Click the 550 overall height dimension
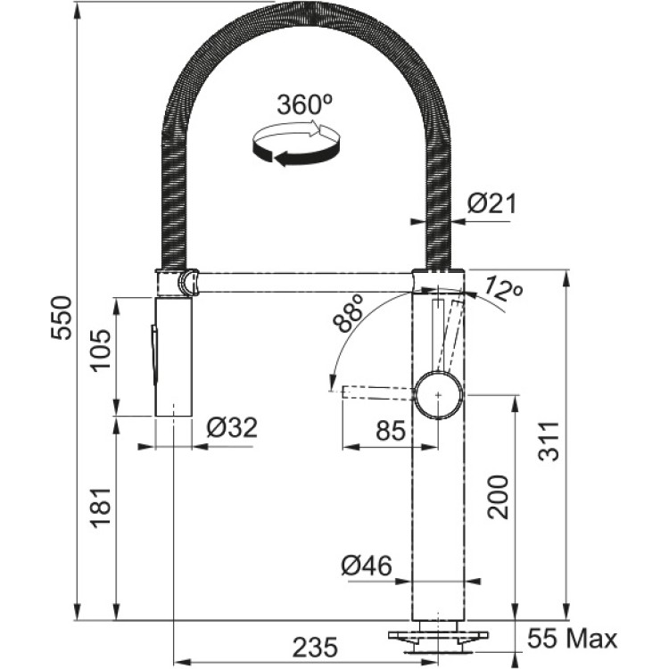point(61,318)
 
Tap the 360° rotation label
point(305,104)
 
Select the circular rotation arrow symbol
point(296,144)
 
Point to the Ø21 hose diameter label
point(491,203)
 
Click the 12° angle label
point(504,289)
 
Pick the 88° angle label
point(349,314)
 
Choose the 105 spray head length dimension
point(102,350)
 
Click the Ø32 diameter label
point(232,427)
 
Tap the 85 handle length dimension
point(390,431)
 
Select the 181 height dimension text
point(102,507)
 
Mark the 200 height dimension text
point(499,497)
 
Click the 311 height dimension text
point(549,442)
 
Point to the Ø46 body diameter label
point(367,566)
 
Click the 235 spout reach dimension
point(315,648)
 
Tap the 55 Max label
point(573,639)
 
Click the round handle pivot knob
point(439,395)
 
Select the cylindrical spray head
point(173,357)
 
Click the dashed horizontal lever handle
point(378,393)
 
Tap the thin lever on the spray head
point(153,354)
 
